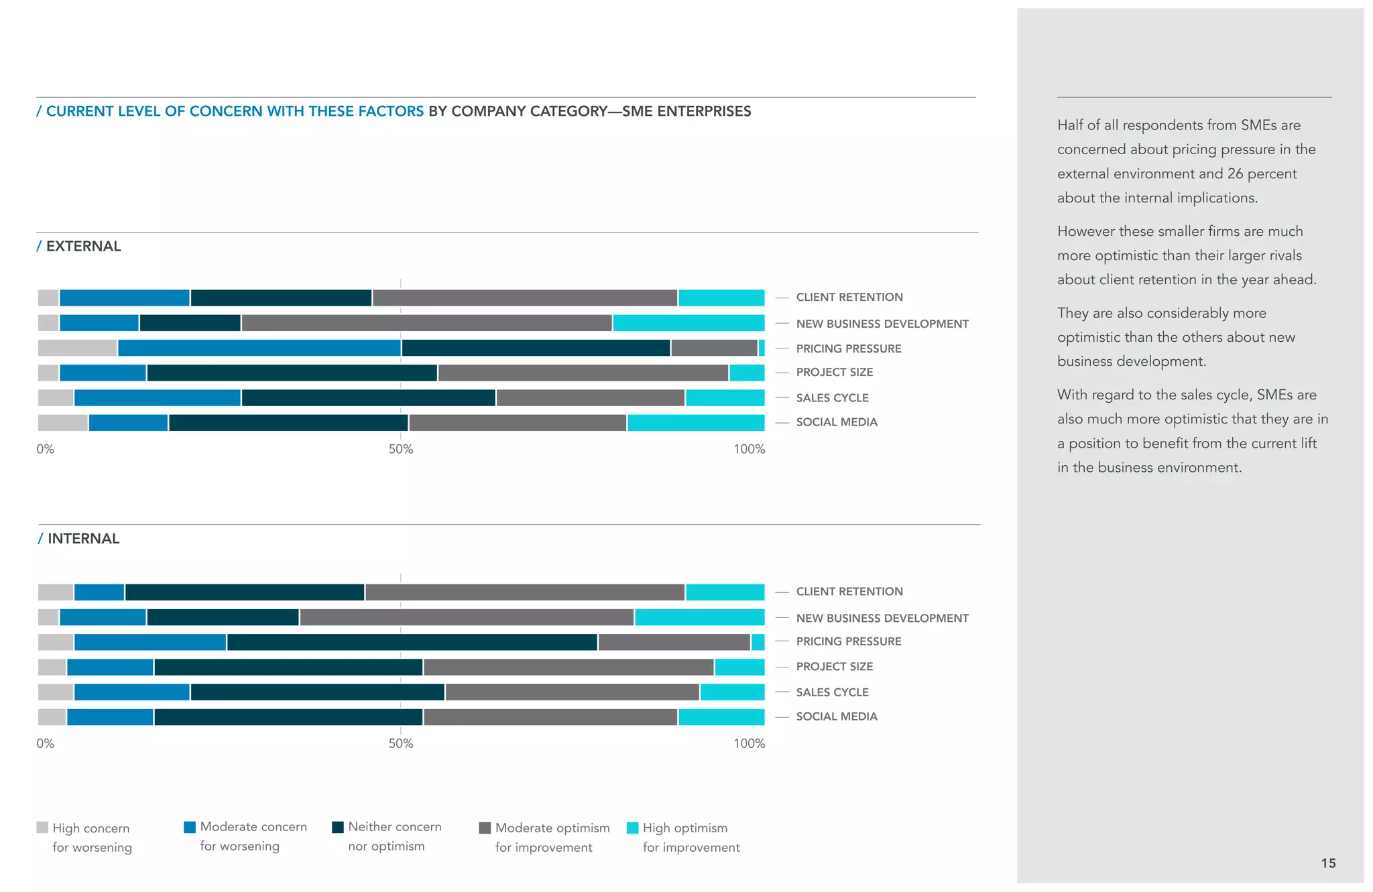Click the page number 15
click(1328, 863)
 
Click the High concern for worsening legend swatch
click(42, 828)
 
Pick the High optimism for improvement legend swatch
click(632, 828)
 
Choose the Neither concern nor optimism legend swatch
click(338, 827)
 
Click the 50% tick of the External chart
click(401, 449)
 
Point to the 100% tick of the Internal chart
click(749, 743)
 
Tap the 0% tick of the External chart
click(45, 449)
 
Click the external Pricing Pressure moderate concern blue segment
click(259, 348)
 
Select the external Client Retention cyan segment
click(721, 298)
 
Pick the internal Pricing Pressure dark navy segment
click(412, 642)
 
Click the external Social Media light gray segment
click(62, 423)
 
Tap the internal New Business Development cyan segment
click(699, 617)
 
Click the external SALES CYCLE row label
click(832, 397)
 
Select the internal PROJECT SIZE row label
click(834, 666)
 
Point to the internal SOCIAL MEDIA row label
click(836, 716)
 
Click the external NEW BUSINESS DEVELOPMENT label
click(882, 324)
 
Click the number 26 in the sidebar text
click(1235, 174)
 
